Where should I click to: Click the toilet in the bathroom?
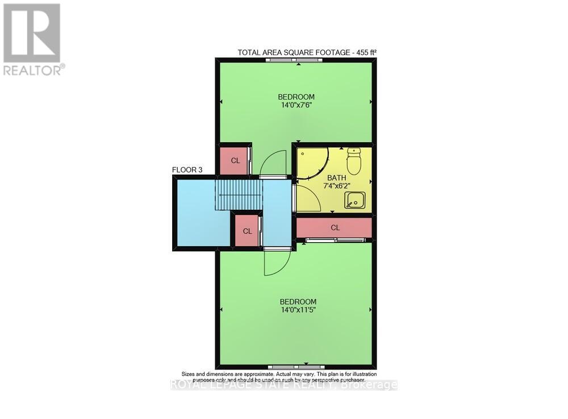[x=354, y=161]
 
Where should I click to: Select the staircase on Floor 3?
[x=239, y=194]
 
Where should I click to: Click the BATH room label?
[x=332, y=177]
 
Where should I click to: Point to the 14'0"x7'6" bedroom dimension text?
[x=296, y=105]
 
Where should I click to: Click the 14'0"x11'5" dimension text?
[x=298, y=310]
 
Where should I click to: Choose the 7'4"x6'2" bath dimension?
[x=332, y=185]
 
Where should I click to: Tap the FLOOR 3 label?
[x=187, y=170]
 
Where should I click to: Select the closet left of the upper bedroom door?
[x=235, y=161]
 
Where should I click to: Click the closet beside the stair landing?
[x=247, y=231]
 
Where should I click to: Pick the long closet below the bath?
[x=335, y=227]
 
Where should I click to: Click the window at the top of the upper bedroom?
[x=295, y=60]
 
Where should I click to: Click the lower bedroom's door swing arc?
[x=277, y=263]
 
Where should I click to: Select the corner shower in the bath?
[x=311, y=161]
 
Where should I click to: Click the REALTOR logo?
[x=32, y=39]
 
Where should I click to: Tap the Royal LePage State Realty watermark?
[x=284, y=385]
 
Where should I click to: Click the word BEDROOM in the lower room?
[x=298, y=301]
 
